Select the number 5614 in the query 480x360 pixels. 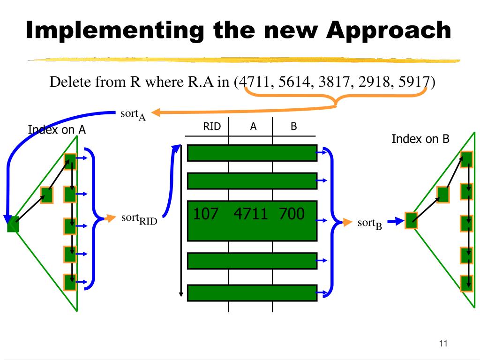pyautogui.click(x=294, y=82)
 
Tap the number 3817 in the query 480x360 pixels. pyautogui.click(x=334, y=82)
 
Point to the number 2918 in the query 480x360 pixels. pyautogui.click(x=374, y=82)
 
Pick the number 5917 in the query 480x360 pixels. pyautogui.click(x=414, y=82)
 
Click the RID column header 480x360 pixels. pyautogui.click(x=212, y=126)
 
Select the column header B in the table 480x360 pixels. pyautogui.click(x=293, y=126)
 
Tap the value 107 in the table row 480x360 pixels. pyautogui.click(x=206, y=213)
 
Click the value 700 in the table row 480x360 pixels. pyautogui.click(x=292, y=213)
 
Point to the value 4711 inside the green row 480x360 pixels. pyautogui.click(x=251, y=213)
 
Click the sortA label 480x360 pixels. pyautogui.click(x=133, y=114)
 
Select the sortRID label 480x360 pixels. pyautogui.click(x=139, y=219)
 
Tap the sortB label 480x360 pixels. pyautogui.click(x=370, y=224)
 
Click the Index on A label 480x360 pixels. pyautogui.click(x=57, y=130)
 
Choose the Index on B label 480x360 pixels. pyautogui.click(x=420, y=139)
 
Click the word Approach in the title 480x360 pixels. pyautogui.click(x=389, y=30)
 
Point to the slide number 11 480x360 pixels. pyautogui.click(x=443, y=343)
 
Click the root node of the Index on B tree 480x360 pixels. pyautogui.click(x=412, y=220)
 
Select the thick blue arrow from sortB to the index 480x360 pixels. pyautogui.click(x=396, y=221)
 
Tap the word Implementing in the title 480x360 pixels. pyautogui.click(x=114, y=30)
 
